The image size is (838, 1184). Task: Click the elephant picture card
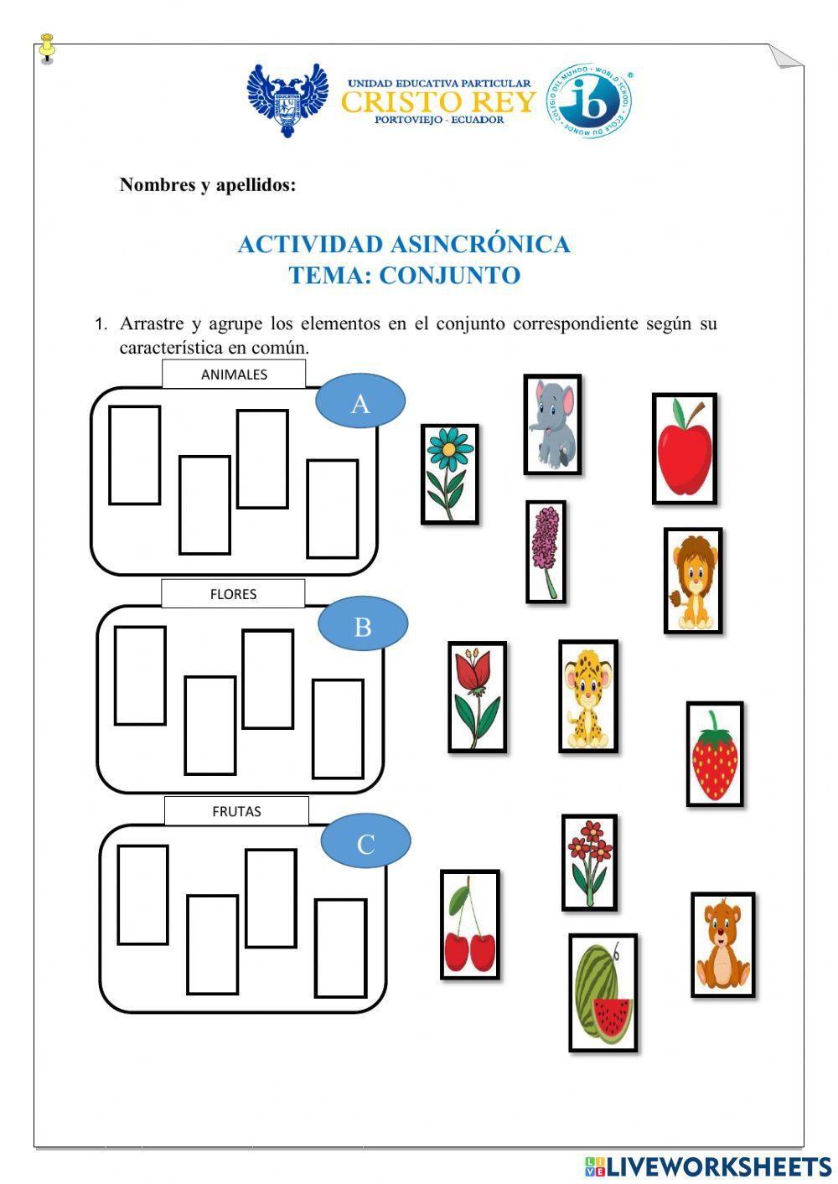[552, 425]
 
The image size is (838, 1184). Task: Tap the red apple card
[685, 449]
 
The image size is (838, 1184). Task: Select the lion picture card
[693, 580]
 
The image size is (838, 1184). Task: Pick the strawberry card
[715, 754]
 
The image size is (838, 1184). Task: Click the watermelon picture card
[603, 993]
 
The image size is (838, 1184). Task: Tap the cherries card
[470, 924]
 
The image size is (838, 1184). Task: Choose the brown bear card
[722, 944]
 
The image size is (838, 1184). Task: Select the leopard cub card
[588, 696]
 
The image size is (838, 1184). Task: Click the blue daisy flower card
[450, 474]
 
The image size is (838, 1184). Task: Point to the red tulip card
[477, 697]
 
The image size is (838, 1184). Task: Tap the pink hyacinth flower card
[546, 552]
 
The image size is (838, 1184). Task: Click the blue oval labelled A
[360, 402]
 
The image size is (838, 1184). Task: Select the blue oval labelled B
[363, 625]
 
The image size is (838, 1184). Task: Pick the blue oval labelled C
[365, 842]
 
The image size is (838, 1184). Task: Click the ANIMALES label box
[234, 375]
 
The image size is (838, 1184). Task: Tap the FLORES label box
[233, 594]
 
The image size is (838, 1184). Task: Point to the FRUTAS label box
[236, 811]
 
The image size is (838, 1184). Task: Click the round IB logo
[589, 101]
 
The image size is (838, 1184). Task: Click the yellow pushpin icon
[47, 49]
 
